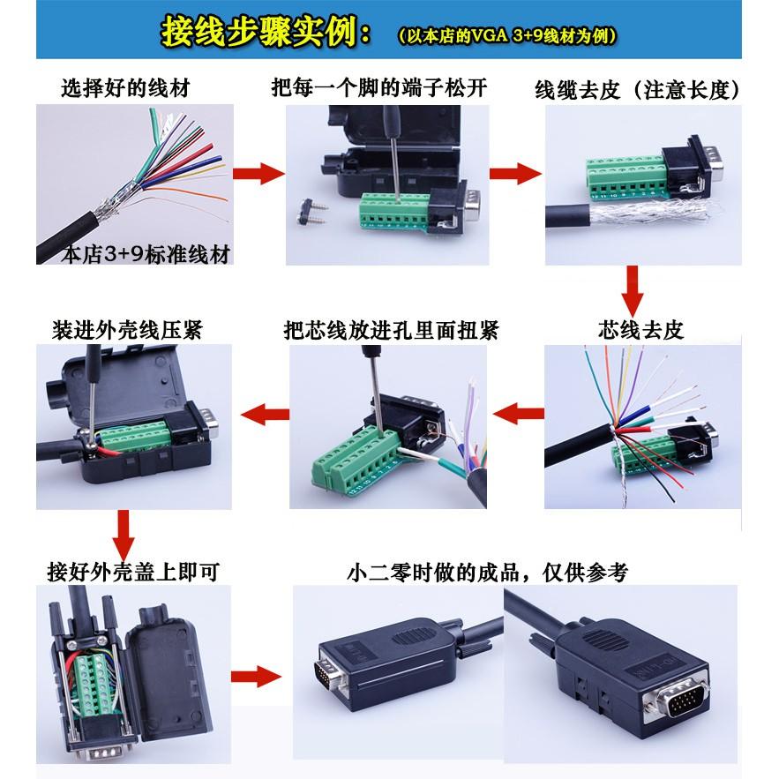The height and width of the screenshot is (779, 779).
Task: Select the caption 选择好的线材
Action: [124, 87]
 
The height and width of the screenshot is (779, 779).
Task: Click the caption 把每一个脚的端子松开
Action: [378, 87]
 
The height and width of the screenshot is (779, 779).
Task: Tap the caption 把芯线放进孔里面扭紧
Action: [391, 330]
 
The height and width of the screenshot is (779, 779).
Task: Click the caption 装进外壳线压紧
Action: [127, 330]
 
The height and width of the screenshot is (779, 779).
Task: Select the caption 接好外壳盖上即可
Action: [132, 572]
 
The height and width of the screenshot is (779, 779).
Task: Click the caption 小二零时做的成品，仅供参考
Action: [488, 572]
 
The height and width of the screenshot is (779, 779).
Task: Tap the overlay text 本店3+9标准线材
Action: [146, 255]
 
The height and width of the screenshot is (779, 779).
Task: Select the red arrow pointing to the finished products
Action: [254, 678]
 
